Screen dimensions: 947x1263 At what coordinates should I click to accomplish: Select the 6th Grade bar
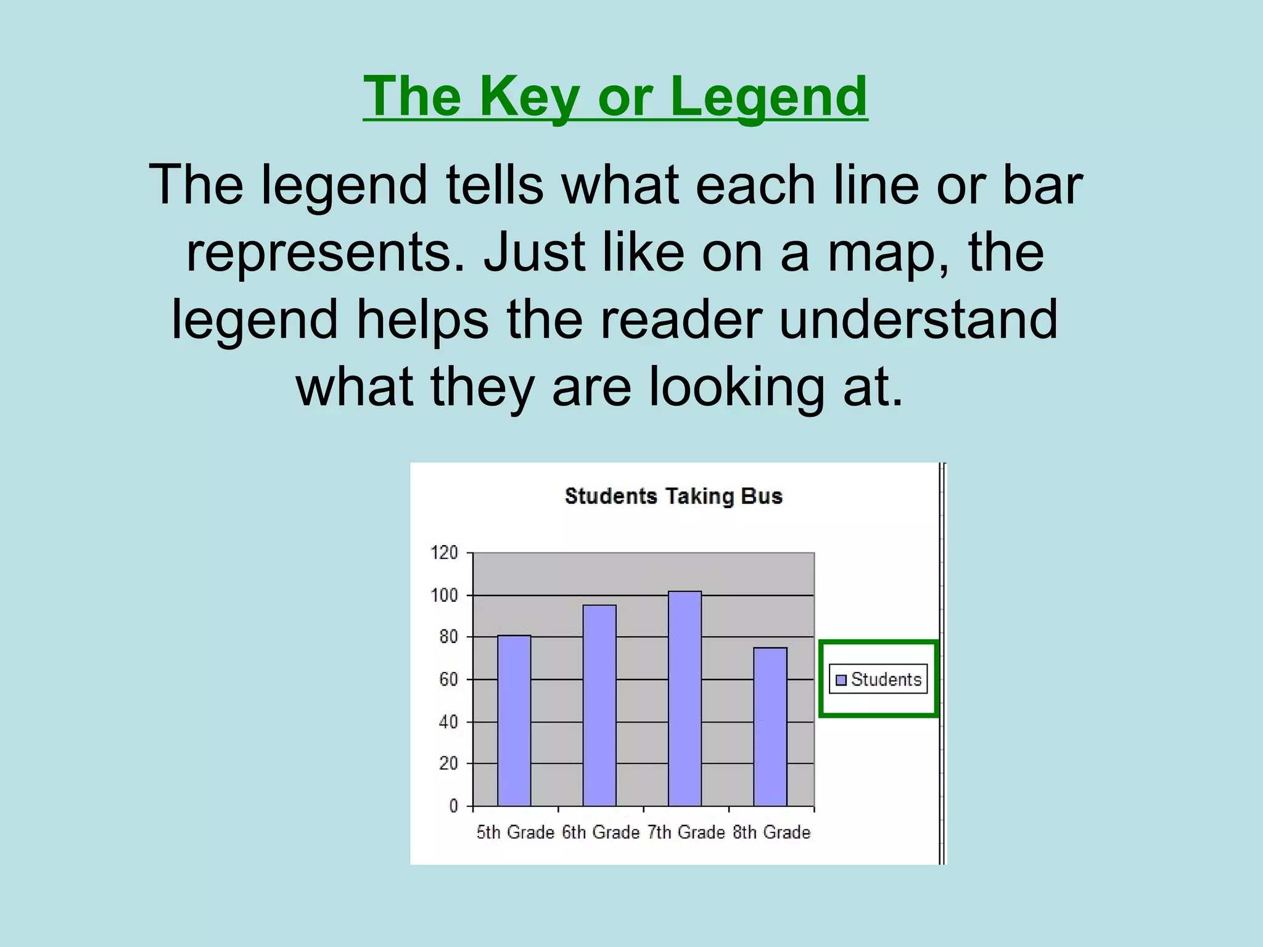[x=599, y=705]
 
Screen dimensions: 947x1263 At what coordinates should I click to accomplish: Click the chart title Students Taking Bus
[x=673, y=496]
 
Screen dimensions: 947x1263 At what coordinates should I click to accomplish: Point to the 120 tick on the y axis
[x=444, y=552]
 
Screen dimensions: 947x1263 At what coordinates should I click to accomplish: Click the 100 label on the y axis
[x=444, y=595]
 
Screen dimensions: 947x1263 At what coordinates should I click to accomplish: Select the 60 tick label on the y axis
[x=448, y=679]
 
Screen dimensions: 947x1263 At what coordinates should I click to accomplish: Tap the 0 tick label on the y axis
[x=453, y=806]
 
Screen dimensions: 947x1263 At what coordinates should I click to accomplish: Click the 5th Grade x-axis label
[x=515, y=832]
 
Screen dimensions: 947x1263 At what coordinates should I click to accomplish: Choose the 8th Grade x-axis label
[x=771, y=832]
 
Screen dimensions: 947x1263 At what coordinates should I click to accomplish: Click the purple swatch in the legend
[x=841, y=680]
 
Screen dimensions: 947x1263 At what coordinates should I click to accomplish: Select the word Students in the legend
[x=886, y=679]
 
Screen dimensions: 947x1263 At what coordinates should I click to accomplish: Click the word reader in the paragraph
[x=681, y=319]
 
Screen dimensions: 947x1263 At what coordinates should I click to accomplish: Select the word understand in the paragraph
[x=918, y=319]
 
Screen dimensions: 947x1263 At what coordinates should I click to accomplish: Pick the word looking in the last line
[x=736, y=387]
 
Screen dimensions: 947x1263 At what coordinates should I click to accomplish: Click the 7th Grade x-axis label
[x=686, y=832]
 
